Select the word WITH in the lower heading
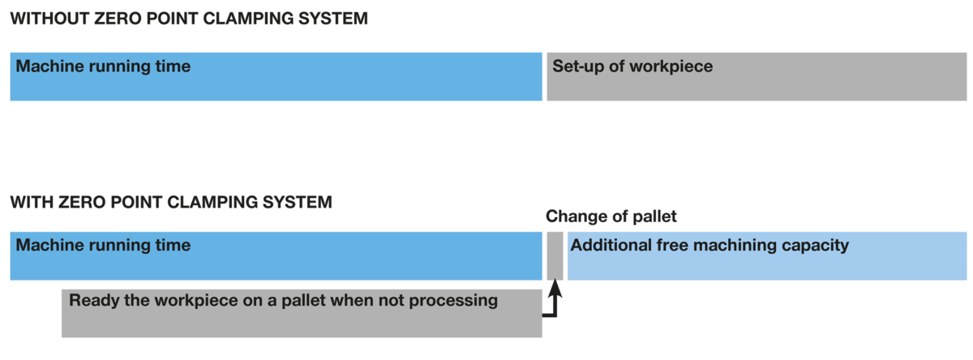pos(32,203)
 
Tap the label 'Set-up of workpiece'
pos(632,66)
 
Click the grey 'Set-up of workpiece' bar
pos(757,77)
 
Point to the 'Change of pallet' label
pos(611,216)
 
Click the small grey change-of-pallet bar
pos(555,255)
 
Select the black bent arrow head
pos(555,289)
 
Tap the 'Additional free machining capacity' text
pos(709,246)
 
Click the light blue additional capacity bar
pos(767,255)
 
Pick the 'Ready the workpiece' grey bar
pos(302,314)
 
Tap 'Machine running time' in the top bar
pos(103,66)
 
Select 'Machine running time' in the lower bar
pos(103,246)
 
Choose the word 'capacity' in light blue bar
pos(816,246)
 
